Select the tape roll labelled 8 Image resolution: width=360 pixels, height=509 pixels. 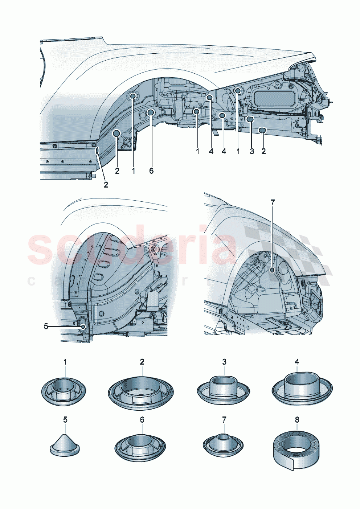pyautogui.click(x=297, y=450)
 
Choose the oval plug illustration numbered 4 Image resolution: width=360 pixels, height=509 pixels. pyautogui.click(x=302, y=390)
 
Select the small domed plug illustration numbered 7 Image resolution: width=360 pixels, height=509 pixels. pyautogui.click(x=223, y=443)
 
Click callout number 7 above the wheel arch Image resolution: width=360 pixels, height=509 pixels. pyautogui.click(x=273, y=202)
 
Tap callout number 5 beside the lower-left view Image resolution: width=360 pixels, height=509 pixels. pyautogui.click(x=46, y=327)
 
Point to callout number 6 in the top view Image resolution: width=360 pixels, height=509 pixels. pyautogui.click(x=151, y=171)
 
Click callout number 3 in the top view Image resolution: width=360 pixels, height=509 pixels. pyautogui.click(x=252, y=151)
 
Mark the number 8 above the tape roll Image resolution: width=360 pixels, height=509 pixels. pyautogui.click(x=297, y=420)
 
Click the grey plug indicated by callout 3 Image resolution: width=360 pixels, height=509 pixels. pyautogui.click(x=250, y=119)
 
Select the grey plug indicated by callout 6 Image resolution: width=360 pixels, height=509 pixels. pyautogui.click(x=151, y=112)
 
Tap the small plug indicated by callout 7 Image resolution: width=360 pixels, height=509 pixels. pyautogui.click(x=272, y=270)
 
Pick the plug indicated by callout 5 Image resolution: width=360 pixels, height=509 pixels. pyautogui.click(x=83, y=327)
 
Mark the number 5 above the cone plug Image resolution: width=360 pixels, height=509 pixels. pyautogui.click(x=65, y=420)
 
